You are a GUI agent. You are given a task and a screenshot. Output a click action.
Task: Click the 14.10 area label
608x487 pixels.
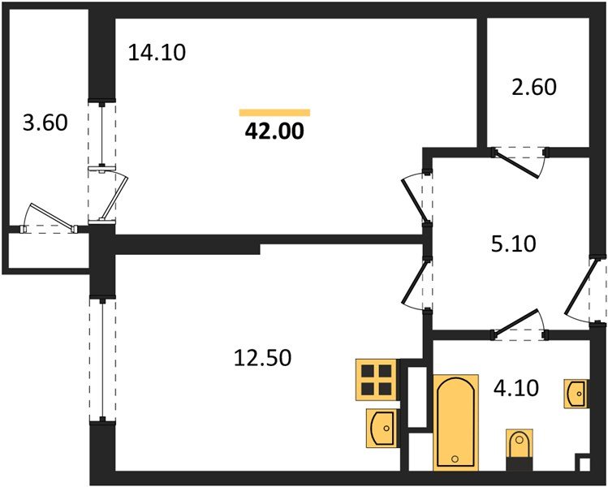click(x=157, y=54)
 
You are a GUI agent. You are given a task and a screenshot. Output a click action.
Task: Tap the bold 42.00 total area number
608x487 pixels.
click(x=274, y=131)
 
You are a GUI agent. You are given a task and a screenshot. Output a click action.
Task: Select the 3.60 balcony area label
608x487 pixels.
click(x=44, y=123)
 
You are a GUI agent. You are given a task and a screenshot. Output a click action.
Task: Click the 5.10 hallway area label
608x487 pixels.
click(x=515, y=243)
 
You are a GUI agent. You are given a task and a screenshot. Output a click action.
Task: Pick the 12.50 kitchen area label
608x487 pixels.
click(x=261, y=356)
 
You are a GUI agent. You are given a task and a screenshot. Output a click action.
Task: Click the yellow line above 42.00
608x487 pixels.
click(x=274, y=112)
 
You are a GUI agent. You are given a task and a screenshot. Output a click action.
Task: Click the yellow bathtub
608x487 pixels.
click(x=453, y=422)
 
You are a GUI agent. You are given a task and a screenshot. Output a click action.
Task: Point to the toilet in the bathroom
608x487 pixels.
click(x=518, y=446)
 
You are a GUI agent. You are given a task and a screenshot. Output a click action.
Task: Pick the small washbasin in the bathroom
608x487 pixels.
click(x=576, y=394)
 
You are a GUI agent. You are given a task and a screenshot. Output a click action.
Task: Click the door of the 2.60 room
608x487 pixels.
click(x=521, y=160)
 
